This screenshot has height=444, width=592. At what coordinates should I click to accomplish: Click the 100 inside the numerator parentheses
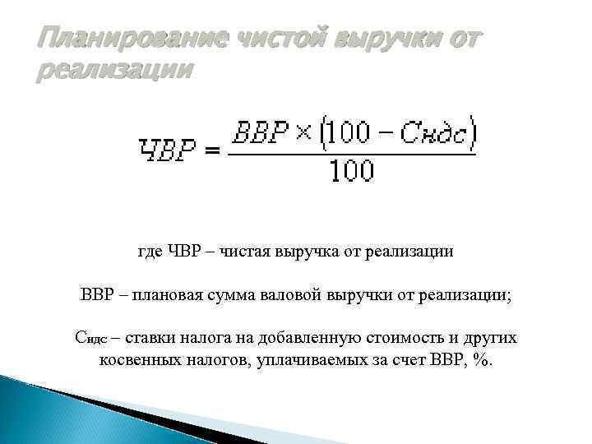(x=348, y=132)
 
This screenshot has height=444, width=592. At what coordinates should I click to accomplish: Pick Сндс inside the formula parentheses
(x=432, y=132)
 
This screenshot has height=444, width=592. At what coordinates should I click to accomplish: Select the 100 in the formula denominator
(x=351, y=170)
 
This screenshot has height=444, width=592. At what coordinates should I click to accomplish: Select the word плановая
(x=164, y=294)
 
